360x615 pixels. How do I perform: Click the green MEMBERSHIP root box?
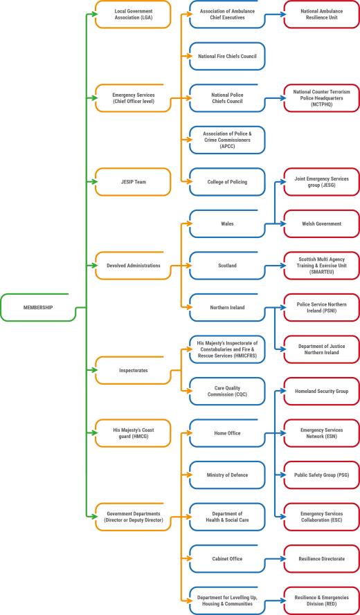tap(37, 307)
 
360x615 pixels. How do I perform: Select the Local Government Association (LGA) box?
tap(133, 15)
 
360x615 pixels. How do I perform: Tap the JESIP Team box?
tap(133, 182)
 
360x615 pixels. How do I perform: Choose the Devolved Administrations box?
tap(133, 266)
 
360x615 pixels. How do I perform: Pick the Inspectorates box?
tap(133, 370)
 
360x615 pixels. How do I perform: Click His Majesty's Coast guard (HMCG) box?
tap(133, 433)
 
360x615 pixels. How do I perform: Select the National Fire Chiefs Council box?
tap(227, 57)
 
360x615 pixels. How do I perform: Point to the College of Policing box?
tap(227, 182)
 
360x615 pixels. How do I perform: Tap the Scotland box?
tap(227, 266)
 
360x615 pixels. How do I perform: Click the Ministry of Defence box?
tap(227, 475)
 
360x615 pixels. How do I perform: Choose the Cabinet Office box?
tap(227, 558)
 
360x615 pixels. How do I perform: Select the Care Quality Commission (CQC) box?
tap(227, 392)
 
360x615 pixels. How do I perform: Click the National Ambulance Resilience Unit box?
tap(321, 15)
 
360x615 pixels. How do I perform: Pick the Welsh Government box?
tap(321, 224)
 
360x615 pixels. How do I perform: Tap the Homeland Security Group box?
tap(321, 392)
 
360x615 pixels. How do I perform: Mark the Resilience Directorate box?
tap(321, 558)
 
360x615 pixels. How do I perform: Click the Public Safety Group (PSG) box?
tap(321, 475)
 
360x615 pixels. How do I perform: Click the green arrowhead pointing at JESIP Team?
tap(95, 182)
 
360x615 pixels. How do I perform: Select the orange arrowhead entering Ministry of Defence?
tap(190, 475)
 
